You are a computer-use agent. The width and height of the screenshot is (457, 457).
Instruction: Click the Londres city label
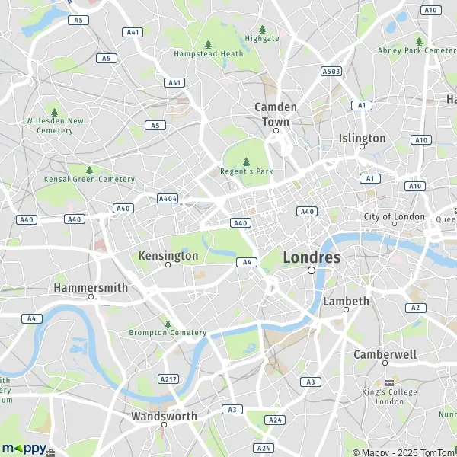(x=312, y=257)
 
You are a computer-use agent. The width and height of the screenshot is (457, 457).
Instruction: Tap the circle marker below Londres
(x=312, y=270)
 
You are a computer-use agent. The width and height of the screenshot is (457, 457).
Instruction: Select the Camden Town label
(x=276, y=114)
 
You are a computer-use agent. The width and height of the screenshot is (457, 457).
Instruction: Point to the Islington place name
(x=362, y=138)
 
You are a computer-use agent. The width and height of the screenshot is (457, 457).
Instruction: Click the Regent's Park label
(x=246, y=171)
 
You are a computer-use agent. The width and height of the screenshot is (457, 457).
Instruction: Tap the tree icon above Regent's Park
(x=246, y=161)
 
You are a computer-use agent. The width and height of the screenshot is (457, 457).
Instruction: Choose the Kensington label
(x=168, y=256)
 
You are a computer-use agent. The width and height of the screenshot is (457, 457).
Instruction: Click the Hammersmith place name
(x=90, y=287)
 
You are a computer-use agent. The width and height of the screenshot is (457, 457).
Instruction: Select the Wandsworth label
(x=164, y=416)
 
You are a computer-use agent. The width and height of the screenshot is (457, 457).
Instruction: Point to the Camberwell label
(x=385, y=354)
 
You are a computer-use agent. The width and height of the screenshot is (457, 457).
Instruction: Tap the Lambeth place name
(x=346, y=301)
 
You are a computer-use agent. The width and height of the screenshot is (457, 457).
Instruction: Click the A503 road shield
(x=331, y=71)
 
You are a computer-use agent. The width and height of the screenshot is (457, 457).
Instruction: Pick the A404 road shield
(x=168, y=198)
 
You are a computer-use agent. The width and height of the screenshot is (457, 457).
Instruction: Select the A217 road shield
(x=168, y=379)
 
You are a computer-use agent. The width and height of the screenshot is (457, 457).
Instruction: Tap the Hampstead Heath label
(x=208, y=54)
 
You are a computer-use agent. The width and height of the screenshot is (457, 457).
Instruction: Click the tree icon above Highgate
(x=262, y=29)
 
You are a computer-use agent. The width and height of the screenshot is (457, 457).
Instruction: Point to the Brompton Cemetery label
(x=168, y=332)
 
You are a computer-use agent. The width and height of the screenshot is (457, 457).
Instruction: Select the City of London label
(x=394, y=216)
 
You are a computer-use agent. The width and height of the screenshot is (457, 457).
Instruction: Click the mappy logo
(x=24, y=448)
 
